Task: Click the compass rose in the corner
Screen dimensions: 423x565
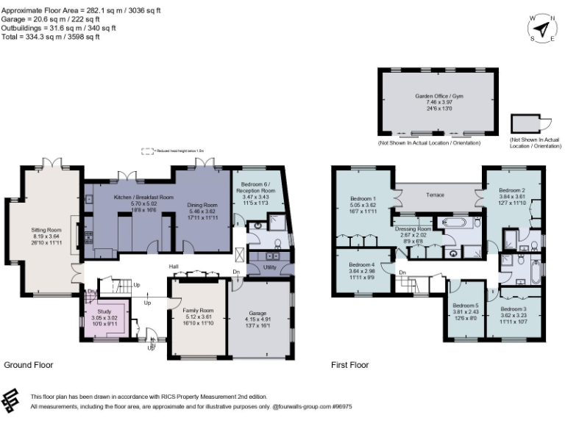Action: pos(542,29)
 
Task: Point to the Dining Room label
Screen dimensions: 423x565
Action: pos(201,204)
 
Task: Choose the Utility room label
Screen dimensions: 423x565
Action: pos(269,269)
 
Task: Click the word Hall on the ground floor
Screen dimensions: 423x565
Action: pos(174,267)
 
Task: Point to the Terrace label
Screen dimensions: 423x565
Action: pos(438,195)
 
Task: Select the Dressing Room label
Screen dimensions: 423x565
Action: pos(416,228)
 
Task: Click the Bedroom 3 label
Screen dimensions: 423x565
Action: pos(514,309)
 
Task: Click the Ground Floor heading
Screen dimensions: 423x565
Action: pos(28,365)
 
